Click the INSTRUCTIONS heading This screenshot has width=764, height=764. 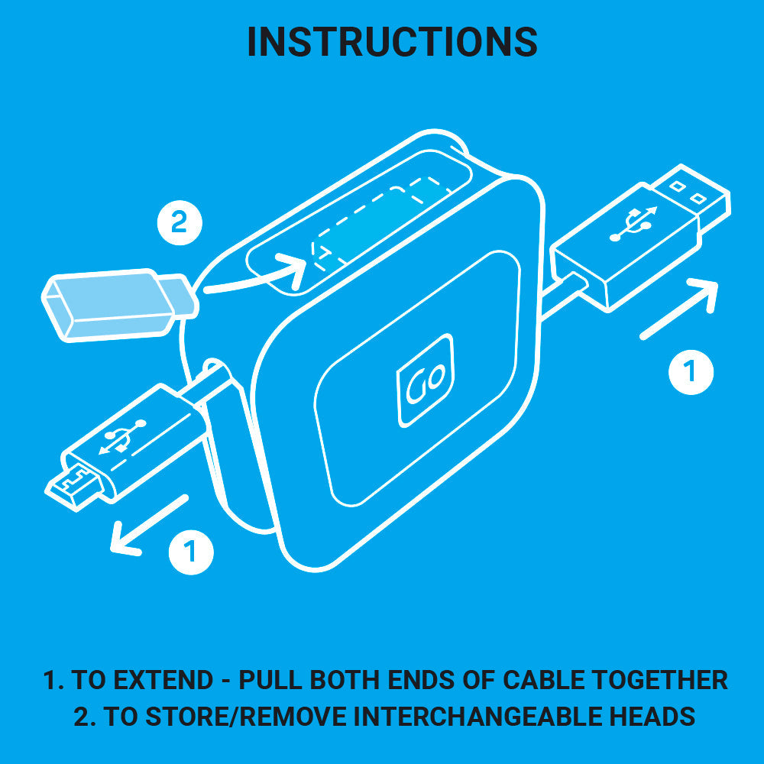pyautogui.click(x=392, y=42)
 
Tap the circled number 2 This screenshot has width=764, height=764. pyautogui.click(x=179, y=223)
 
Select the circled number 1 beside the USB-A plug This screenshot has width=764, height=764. pyautogui.click(x=691, y=371)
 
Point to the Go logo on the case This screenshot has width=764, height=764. pyautogui.click(x=425, y=380)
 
